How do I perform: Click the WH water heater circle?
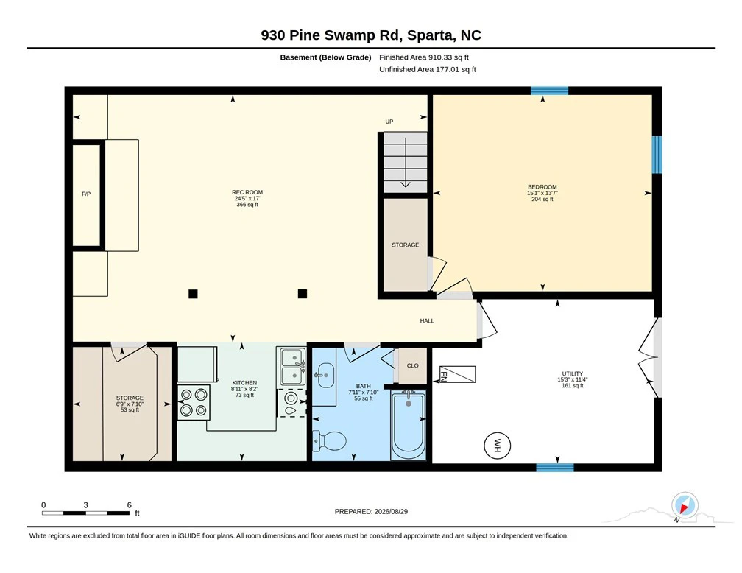pyautogui.click(x=497, y=445)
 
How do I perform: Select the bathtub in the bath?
pyautogui.click(x=409, y=424)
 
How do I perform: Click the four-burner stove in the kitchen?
pyautogui.click(x=194, y=402)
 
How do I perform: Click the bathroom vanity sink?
pyautogui.click(x=325, y=375)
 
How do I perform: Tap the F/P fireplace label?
pyautogui.click(x=86, y=194)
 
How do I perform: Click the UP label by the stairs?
pyautogui.click(x=389, y=122)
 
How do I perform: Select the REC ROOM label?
pyautogui.click(x=247, y=192)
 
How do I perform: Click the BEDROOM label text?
pyautogui.click(x=543, y=187)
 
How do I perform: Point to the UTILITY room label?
pyautogui.click(x=572, y=373)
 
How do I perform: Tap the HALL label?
pyautogui.click(x=427, y=320)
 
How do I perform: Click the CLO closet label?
pyautogui.click(x=413, y=365)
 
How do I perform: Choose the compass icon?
pyautogui.click(x=685, y=505)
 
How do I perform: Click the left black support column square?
pyautogui.click(x=193, y=294)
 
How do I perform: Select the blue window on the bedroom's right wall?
pyautogui.click(x=657, y=155)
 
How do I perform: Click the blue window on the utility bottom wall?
pyautogui.click(x=555, y=468)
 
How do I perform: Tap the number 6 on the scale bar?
pyautogui.click(x=130, y=505)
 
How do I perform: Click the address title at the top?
pyautogui.click(x=371, y=35)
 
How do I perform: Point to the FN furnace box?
pyautogui.click(x=458, y=374)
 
